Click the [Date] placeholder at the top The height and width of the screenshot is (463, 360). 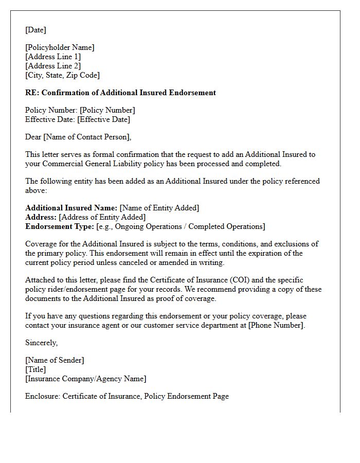[x=35, y=30]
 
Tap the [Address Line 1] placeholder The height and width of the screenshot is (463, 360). [x=53, y=57]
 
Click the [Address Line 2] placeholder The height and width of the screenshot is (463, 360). [x=53, y=66]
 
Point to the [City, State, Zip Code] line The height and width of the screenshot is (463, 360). [x=62, y=75]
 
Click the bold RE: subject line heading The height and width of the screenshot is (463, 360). [x=120, y=93]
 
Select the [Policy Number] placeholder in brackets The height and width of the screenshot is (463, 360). [x=107, y=110]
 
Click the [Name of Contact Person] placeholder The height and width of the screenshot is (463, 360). [x=87, y=137]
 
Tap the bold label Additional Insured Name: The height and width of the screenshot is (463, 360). [x=71, y=208]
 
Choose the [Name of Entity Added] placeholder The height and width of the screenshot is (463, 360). [x=159, y=208]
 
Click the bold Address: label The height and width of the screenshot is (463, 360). [x=41, y=217]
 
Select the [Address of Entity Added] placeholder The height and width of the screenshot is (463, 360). [x=102, y=217]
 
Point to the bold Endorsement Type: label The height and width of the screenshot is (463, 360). [x=60, y=226]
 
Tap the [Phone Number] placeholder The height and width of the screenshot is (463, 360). [x=276, y=325]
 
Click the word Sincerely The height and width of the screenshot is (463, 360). [x=41, y=343]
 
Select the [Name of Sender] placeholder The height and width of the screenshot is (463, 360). [x=55, y=360]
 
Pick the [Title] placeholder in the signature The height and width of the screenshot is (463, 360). [x=35, y=369]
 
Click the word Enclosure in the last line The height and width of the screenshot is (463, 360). [x=42, y=396]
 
